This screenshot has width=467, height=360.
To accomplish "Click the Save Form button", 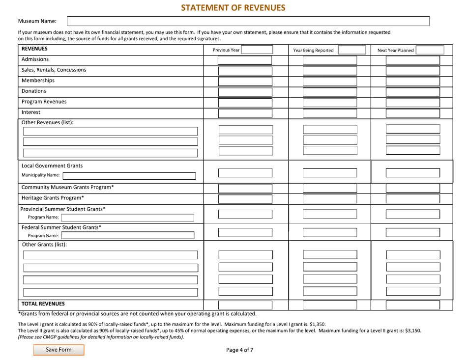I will [58, 350].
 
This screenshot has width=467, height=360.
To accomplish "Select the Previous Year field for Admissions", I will [245, 60].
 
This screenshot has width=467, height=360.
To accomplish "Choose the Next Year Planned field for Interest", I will [413, 113].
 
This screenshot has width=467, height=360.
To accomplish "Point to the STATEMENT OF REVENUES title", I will [233, 7].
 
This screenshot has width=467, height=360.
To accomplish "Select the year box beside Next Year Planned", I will [430, 50].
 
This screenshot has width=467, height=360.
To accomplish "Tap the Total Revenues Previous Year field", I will [245, 305].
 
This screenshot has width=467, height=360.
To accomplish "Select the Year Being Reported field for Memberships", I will [330, 82].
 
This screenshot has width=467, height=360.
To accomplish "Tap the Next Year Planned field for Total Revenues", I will [413, 305].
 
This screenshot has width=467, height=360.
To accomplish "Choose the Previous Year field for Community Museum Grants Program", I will [245, 188].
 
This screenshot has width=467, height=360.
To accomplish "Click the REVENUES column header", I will [34, 49].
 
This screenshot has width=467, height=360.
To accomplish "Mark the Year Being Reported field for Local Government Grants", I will [330, 173].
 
